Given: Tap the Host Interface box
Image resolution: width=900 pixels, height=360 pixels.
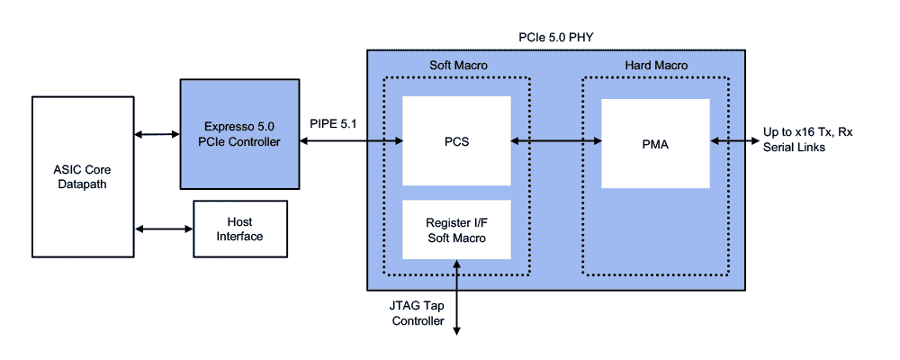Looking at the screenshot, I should [x=239, y=229].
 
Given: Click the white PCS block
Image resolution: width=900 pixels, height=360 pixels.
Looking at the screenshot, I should [x=456, y=141].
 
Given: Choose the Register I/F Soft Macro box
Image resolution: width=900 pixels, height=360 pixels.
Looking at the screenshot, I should [x=456, y=230].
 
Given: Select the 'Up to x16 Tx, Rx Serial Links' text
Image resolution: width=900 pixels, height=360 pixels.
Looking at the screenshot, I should [x=807, y=139].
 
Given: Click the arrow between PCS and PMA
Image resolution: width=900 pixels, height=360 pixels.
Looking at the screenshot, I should [x=556, y=141].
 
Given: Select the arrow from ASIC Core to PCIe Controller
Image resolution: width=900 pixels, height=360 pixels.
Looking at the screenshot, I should [x=157, y=135].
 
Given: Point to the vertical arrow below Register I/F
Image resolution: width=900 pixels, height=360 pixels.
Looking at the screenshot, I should [x=458, y=297].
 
